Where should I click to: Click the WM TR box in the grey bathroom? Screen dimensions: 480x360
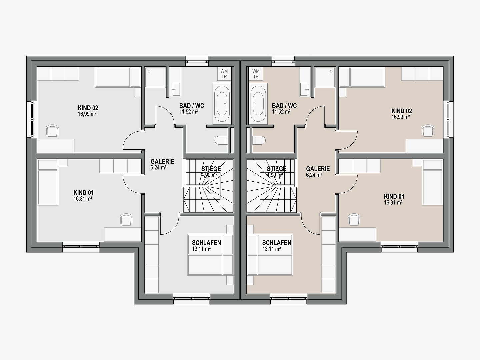coord(224,74)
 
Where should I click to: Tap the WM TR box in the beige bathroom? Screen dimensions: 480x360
coord(256,74)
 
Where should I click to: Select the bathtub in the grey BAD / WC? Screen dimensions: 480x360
coord(222,104)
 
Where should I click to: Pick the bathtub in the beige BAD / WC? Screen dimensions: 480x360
coord(258,104)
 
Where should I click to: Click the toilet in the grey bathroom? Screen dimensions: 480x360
coord(221,140)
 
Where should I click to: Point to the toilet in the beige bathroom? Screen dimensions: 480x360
coord(259,140)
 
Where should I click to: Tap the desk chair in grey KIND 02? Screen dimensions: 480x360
coord(52,130)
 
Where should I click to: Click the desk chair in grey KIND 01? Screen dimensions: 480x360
coord(126,219)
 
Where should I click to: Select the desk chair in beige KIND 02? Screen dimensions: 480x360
coord(428,130)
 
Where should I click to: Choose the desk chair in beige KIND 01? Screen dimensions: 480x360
coord(354,219)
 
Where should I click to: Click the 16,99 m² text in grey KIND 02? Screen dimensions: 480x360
coord(87,114)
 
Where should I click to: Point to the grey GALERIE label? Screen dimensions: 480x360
coord(162,162)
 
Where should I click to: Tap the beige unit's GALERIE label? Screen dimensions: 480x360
coord(318,169)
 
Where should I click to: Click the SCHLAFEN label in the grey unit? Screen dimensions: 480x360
coord(206,243)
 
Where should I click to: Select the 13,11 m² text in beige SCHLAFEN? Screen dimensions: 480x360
coord(271,249)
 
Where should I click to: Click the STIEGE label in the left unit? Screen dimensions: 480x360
coord(211,169)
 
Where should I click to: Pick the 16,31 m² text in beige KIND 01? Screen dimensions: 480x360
coord(393,203)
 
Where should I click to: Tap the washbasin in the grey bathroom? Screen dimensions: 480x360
coord(175,89)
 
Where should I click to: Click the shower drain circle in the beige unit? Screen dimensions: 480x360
coord(331,71)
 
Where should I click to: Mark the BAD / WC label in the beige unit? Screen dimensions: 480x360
coord(284,106)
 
